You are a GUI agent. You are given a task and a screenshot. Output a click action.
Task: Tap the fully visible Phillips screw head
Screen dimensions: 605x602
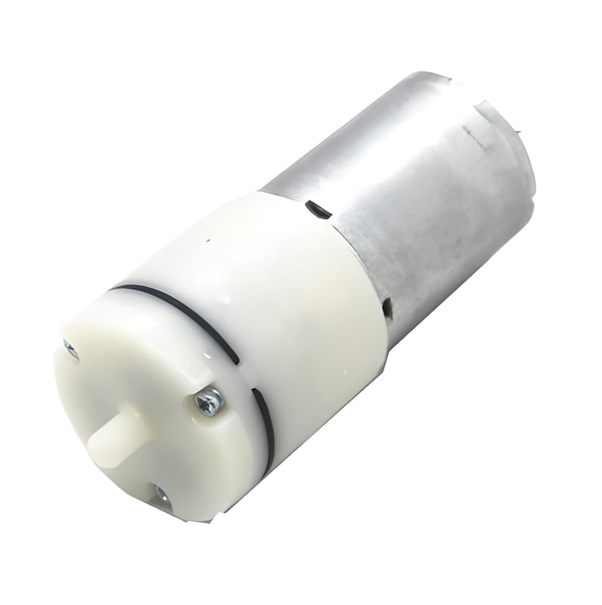coord(209,402)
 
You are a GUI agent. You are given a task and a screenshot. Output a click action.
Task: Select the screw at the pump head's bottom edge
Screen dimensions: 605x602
coord(161,495)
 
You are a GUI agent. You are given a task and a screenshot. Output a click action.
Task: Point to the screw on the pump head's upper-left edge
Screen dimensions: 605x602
coord(70,349)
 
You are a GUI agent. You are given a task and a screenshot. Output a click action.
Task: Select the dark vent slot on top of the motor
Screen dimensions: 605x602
coord(312,206)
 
